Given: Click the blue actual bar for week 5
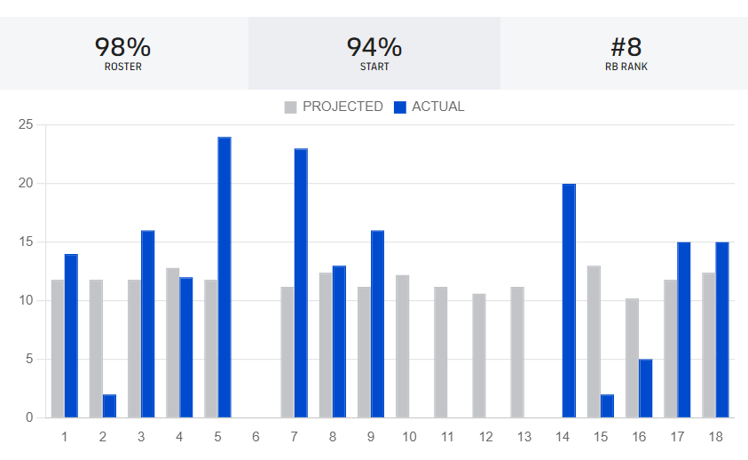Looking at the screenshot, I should pyautogui.click(x=224, y=277).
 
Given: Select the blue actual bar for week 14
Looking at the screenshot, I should pyautogui.click(x=569, y=300).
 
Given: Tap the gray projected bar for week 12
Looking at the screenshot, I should pyautogui.click(x=479, y=355).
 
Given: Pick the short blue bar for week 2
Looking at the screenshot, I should pyautogui.click(x=109, y=406).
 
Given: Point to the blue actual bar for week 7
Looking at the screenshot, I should pyautogui.click(x=301, y=282).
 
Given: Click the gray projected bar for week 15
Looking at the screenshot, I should pyautogui.click(x=594, y=341).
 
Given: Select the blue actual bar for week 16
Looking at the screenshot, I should pyautogui.click(x=645, y=388).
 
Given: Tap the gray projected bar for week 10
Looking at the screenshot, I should pyautogui.click(x=403, y=346).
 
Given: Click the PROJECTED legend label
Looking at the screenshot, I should pyautogui.click(x=343, y=107).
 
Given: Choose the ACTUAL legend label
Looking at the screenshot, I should pyautogui.click(x=437, y=107).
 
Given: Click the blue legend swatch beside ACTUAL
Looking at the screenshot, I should pyautogui.click(x=400, y=107).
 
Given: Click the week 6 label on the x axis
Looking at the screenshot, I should pyautogui.click(x=256, y=437).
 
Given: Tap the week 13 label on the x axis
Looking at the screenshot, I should pyautogui.click(x=524, y=437).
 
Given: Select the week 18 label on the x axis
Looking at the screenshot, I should pyautogui.click(x=715, y=437).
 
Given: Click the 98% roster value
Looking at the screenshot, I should pyautogui.click(x=122, y=46).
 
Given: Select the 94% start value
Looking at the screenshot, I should pyautogui.click(x=374, y=46).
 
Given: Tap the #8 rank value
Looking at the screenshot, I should pyautogui.click(x=626, y=46).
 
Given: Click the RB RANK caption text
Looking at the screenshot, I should pyautogui.click(x=626, y=67).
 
